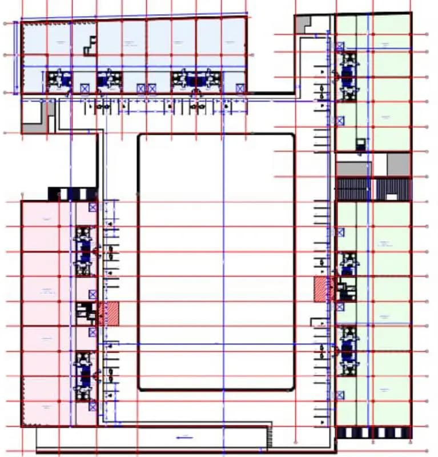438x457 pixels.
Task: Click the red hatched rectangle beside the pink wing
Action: click(109, 314)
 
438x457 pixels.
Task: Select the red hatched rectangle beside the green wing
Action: click(323, 290)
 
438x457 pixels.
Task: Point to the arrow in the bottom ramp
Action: click(183, 437)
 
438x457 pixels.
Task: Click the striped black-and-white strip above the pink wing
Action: click(72, 194)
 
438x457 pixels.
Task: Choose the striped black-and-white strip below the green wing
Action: click(373, 432)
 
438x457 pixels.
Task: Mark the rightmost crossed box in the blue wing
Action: click(240, 88)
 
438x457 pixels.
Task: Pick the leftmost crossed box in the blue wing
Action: click(85, 88)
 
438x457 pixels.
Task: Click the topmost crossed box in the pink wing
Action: click(93, 207)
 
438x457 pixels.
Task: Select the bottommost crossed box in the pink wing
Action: click(93, 406)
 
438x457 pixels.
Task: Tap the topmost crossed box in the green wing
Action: click(340, 46)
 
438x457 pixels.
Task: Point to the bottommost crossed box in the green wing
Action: click(340, 395)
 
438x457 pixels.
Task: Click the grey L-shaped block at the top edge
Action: click(303, 24)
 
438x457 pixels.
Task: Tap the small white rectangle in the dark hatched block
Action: click(392, 196)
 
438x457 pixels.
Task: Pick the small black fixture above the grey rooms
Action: click(360, 143)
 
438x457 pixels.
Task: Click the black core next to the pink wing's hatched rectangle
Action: click(87, 311)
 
